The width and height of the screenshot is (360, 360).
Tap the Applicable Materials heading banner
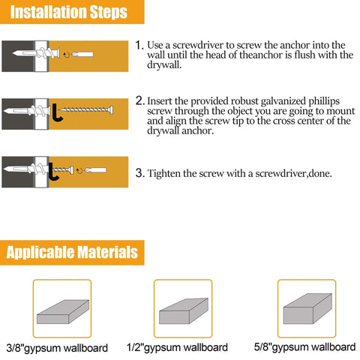pyautogui.click(x=72, y=251)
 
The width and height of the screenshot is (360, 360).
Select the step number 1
pyautogui.click(x=139, y=46)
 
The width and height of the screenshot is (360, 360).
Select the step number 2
pyautogui.click(x=139, y=100)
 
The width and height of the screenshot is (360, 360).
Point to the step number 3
pyautogui.click(x=139, y=172)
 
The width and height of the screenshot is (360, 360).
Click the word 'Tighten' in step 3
pyautogui.click(x=165, y=173)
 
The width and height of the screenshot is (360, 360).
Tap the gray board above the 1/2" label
pyautogui.click(x=183, y=309)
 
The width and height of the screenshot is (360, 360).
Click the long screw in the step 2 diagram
pyautogui.click(x=90, y=109)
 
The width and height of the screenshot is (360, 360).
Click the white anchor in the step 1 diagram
pyautogui.click(x=30, y=56)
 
